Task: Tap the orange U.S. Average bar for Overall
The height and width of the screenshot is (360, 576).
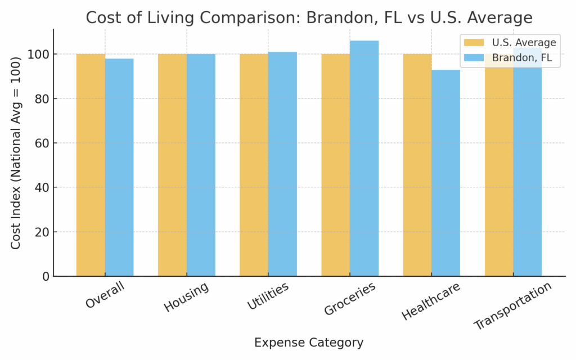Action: pos(91,165)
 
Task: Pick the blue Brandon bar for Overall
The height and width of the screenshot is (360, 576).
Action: pos(119,168)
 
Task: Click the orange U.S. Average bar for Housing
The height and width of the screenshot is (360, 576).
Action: pos(172,165)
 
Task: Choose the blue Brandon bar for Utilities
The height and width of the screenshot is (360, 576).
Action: pos(282,164)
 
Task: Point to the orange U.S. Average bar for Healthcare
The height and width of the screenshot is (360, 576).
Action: pos(417,165)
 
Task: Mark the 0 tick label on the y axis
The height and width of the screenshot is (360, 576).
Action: pos(45,277)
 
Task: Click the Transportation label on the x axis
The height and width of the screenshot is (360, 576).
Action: pos(513,307)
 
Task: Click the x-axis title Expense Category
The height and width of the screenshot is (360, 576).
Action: pos(309,343)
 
